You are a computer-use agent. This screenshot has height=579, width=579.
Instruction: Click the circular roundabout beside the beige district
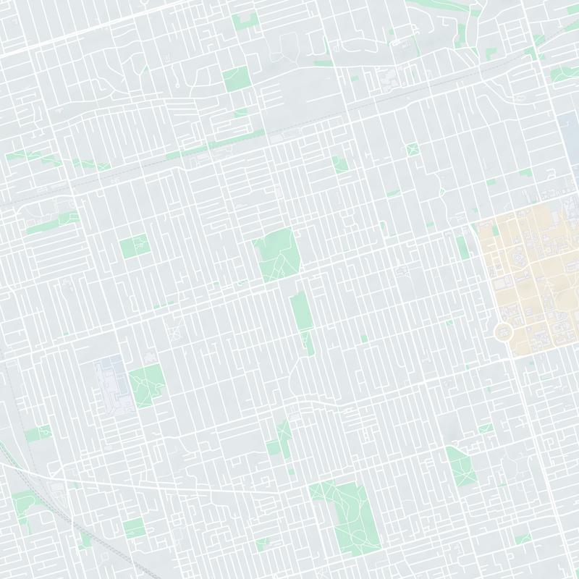coord(504,332)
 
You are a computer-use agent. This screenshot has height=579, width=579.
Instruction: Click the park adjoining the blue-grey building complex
coord(147,384)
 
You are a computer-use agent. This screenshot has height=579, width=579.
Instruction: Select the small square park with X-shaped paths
coord(413,150)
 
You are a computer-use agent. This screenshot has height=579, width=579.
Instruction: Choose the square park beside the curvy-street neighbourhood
coord(235,78)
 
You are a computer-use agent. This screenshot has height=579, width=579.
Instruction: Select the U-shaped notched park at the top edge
coord(246,20)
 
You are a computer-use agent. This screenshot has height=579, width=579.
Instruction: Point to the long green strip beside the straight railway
coord(203,148)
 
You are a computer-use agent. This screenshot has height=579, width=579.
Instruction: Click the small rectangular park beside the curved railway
coord(38,434)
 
